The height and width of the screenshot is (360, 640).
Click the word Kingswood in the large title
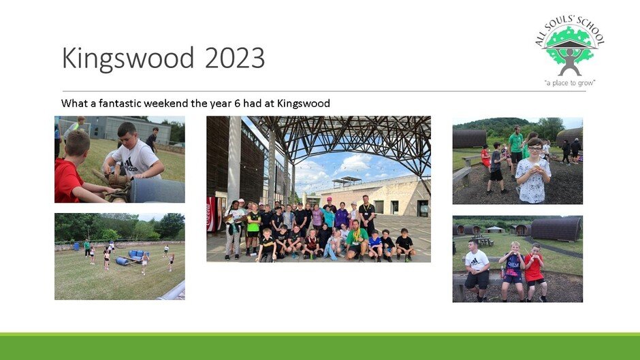128,58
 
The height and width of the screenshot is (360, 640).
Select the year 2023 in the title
235,58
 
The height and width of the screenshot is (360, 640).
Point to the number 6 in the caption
237,103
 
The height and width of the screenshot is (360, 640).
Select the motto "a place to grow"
570,83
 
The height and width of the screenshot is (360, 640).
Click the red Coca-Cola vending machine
211,214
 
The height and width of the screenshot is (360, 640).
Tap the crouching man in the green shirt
356,241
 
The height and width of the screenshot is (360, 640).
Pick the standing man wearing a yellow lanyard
366,214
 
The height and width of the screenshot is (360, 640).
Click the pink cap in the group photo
329,199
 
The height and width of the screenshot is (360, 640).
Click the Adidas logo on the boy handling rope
130,164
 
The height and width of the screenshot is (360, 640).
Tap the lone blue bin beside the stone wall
76,246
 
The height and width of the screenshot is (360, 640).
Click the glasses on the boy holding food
534,148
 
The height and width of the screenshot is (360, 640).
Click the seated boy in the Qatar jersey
512,271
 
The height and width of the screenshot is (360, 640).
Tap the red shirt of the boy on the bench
534,267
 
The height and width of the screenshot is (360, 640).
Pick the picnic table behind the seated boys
483,240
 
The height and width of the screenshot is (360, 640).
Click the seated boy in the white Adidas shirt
477,269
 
